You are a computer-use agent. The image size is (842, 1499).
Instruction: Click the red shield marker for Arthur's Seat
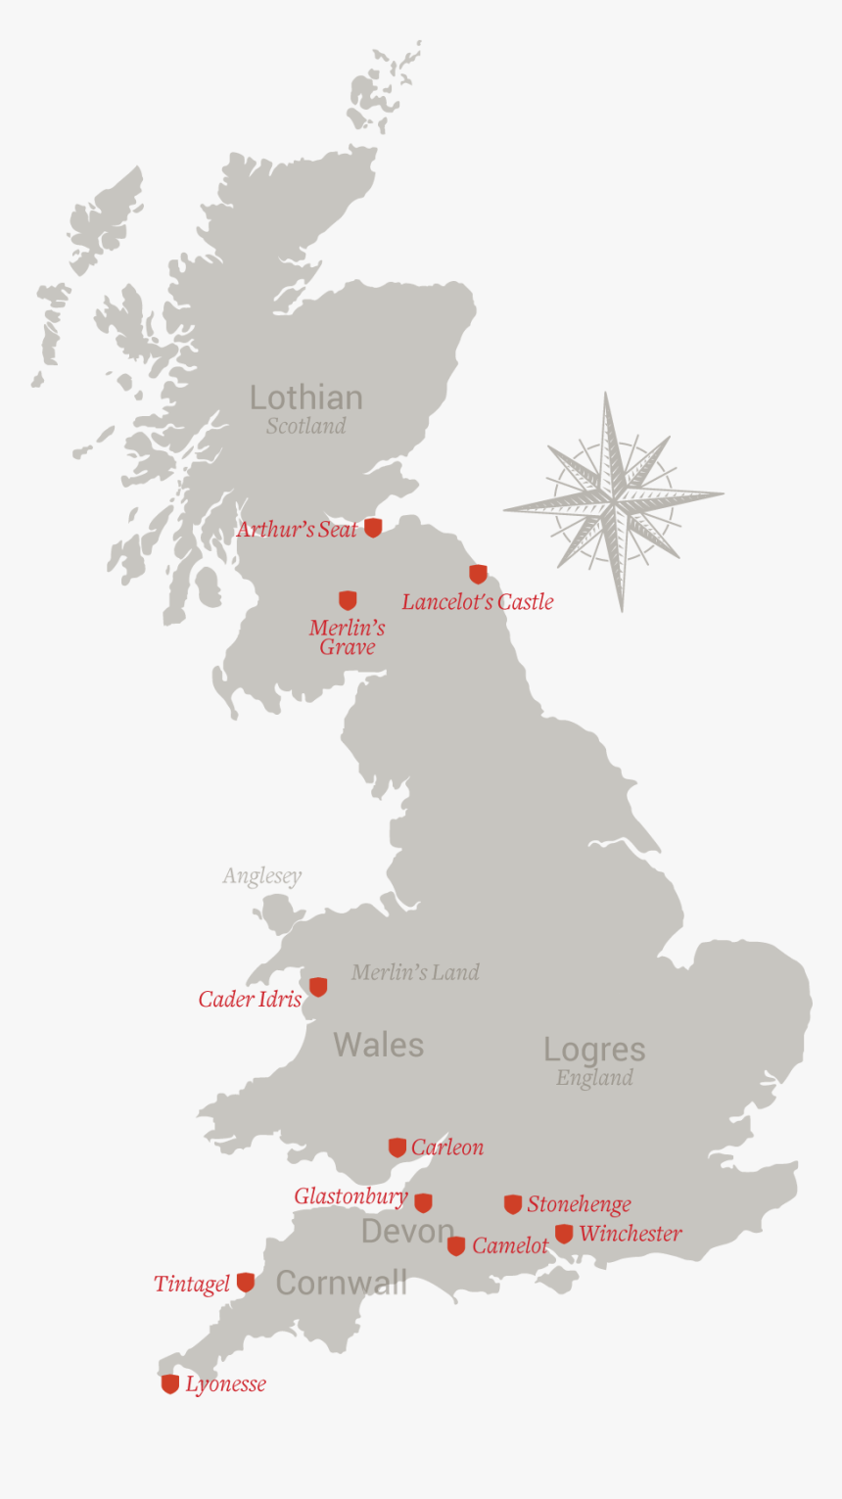pos(373,528)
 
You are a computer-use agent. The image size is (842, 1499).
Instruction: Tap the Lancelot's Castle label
pos(477,602)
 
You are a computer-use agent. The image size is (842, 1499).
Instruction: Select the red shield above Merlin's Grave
pos(348,600)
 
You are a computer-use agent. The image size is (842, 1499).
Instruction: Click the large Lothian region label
pos(305,398)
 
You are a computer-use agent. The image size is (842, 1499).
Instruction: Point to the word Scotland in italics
pos(305,426)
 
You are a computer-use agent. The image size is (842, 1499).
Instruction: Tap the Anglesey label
pos(261,876)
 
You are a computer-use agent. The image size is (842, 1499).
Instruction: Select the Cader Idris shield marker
pos(318,987)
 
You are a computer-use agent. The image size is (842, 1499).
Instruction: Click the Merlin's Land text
pos(415,972)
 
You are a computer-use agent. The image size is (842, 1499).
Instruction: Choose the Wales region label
pos(378,1045)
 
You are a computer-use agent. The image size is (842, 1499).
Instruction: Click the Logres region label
pos(594,1050)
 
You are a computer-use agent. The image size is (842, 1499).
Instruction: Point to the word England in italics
pos(594,1078)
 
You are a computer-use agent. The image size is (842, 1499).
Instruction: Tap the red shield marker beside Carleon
pos(398,1148)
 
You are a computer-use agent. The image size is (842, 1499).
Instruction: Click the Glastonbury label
pos(351,1196)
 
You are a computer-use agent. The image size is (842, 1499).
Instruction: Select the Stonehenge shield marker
pos(513,1204)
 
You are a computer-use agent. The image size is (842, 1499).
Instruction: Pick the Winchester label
pos(630,1234)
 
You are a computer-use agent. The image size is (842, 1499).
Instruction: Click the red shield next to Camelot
pos(456,1246)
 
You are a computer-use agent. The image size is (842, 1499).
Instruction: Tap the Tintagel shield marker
pos(246,1283)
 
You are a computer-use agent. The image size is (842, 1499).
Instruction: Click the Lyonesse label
pos(225,1384)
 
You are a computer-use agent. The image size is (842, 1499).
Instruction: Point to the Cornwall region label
pos(341,1283)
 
